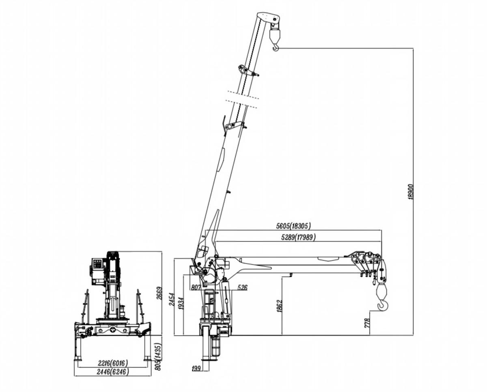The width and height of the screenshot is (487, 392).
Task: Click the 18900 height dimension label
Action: point(411,192)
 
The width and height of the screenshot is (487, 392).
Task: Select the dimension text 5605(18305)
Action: point(293,226)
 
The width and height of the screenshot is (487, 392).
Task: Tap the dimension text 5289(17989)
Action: point(298,237)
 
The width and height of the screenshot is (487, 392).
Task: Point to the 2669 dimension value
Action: point(159,293)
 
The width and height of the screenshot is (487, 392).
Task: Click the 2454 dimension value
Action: point(172,299)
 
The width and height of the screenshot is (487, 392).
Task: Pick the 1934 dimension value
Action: point(181,303)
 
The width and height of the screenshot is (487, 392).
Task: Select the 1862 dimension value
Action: point(279,306)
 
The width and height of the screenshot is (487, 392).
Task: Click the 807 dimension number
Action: point(196,287)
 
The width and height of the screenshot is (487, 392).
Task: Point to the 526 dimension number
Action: point(242,287)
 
